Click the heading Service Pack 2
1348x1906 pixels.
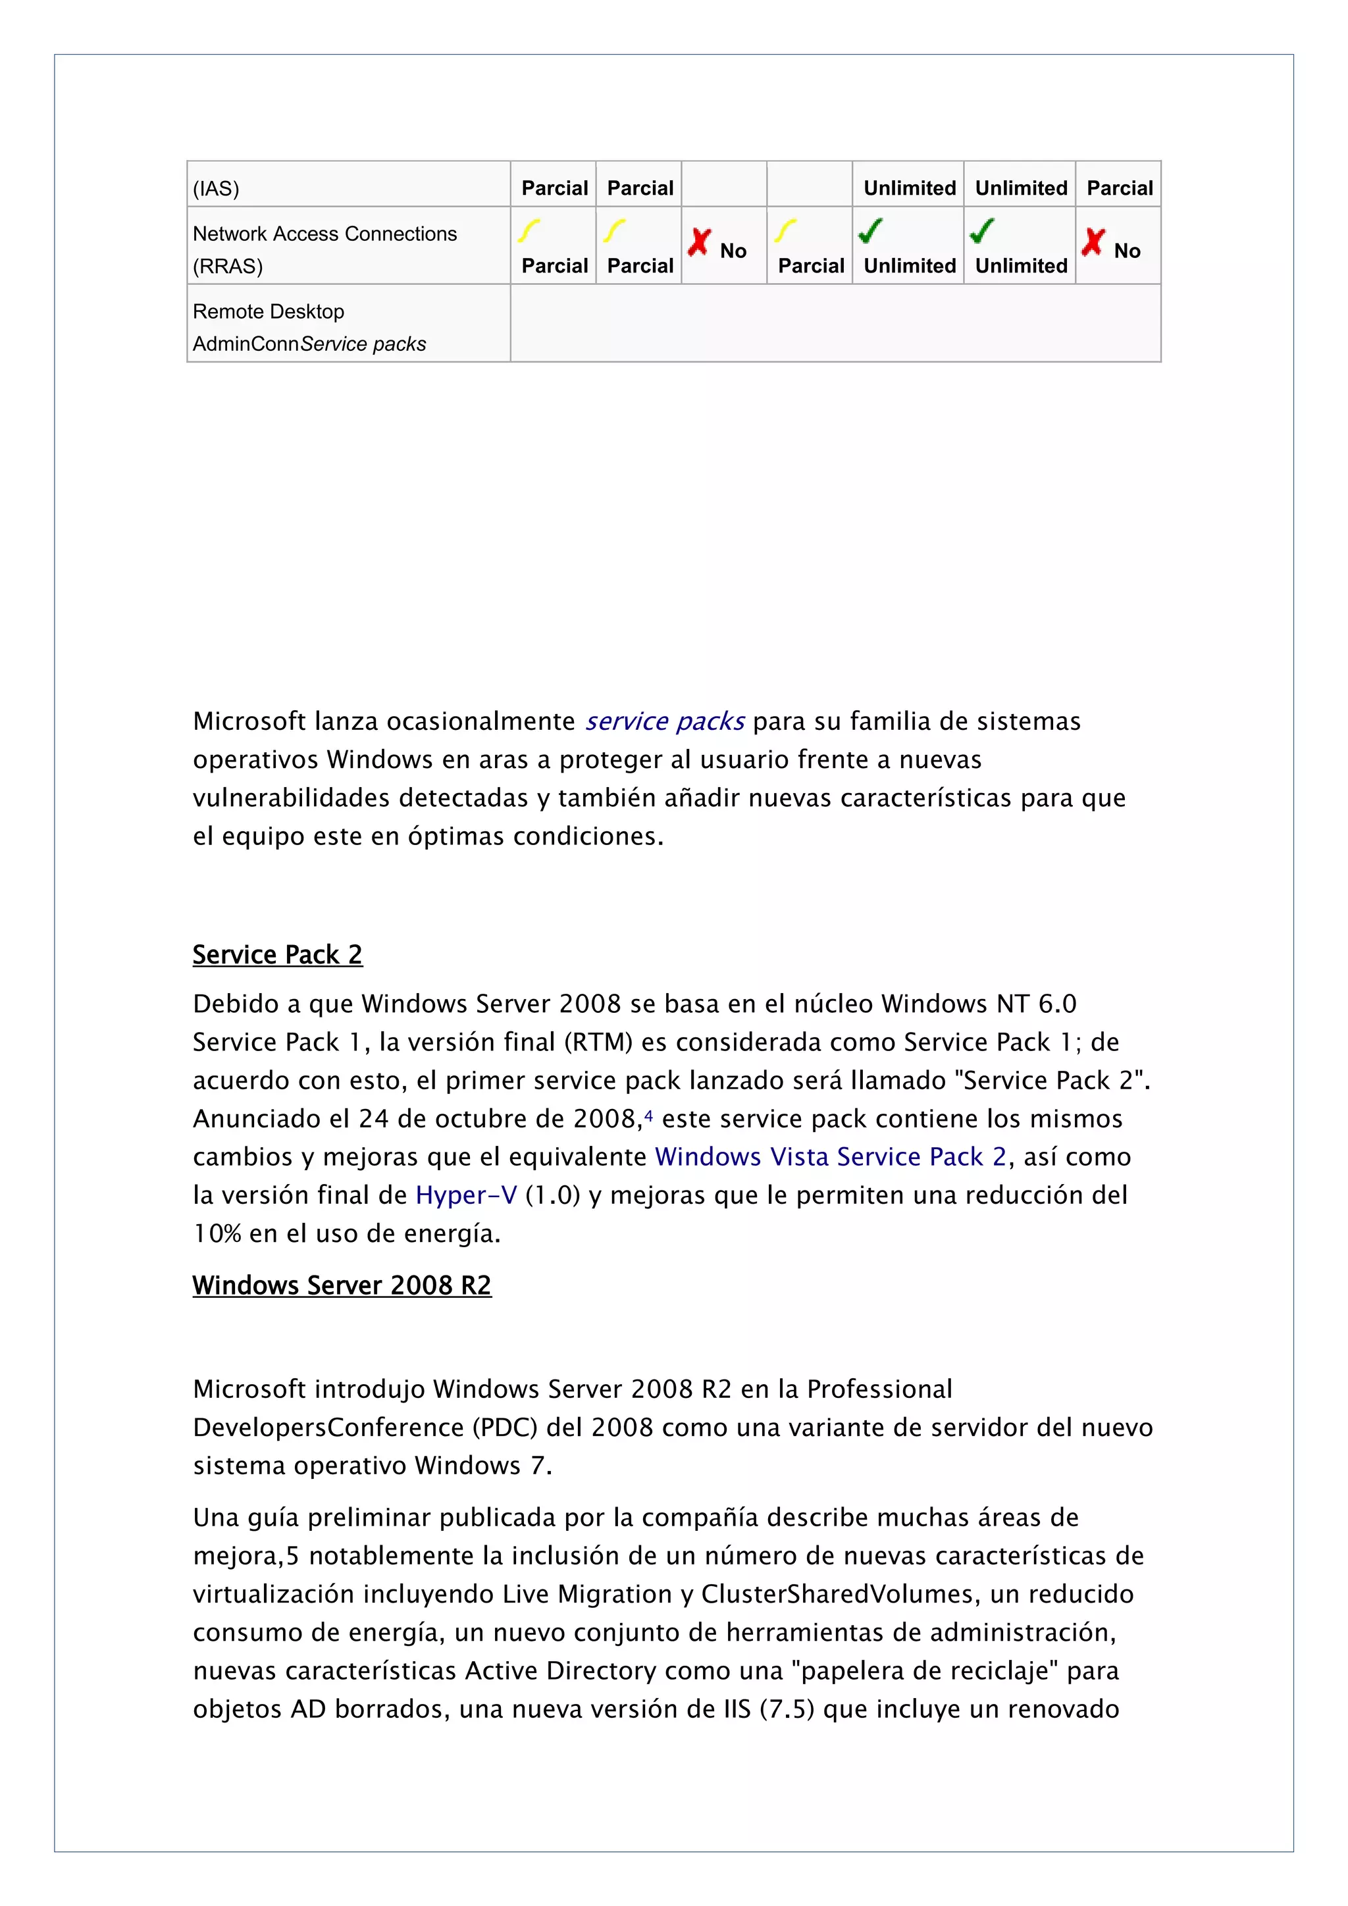277,955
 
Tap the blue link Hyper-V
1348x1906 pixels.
465,1195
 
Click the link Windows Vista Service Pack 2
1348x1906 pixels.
830,1157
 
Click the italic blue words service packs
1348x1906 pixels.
665,721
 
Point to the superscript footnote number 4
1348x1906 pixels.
648,1115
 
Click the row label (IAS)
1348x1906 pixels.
216,188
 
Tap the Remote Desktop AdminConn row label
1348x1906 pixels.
309,327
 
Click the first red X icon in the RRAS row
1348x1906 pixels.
699,242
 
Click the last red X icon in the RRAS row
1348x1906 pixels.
1093,242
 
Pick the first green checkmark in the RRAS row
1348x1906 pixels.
870,231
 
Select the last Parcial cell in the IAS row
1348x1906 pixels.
1119,188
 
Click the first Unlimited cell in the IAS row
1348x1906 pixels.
909,188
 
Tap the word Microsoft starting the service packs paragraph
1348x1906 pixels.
249,721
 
